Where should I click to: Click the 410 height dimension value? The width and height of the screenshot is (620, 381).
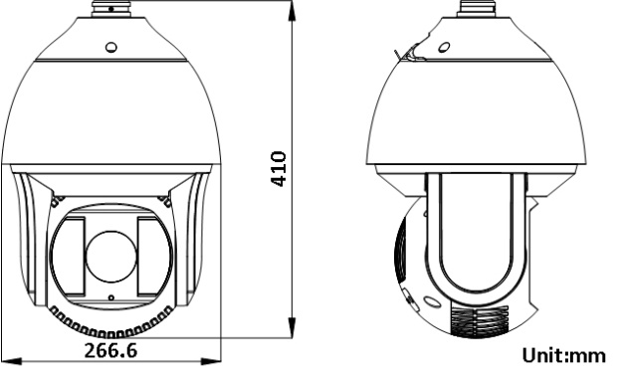278,169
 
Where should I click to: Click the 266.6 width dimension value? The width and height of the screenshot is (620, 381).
111,350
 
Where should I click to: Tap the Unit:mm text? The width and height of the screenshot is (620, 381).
564,355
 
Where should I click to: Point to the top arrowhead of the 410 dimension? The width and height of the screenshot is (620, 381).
293,11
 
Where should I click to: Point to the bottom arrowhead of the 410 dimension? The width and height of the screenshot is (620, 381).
293,327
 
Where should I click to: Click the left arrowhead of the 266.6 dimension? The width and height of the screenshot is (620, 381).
11,361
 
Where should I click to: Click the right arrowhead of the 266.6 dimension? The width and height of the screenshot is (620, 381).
211,361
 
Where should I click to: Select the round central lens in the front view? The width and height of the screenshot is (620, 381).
111,257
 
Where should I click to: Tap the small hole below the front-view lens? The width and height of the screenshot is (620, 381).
111,297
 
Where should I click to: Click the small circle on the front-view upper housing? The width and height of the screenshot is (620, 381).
111,48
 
